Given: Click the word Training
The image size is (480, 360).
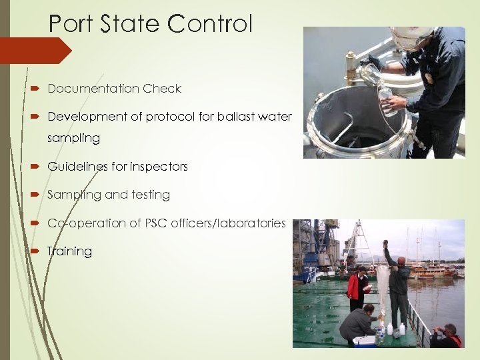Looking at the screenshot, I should (69, 251).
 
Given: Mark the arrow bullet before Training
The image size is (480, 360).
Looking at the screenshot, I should (35, 251).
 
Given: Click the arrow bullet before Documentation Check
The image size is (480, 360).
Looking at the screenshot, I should (35, 89).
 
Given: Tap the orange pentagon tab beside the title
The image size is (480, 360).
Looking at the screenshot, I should (33, 51).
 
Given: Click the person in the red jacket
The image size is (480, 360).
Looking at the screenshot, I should (357, 287).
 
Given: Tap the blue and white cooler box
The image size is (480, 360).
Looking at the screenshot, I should (365, 341).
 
